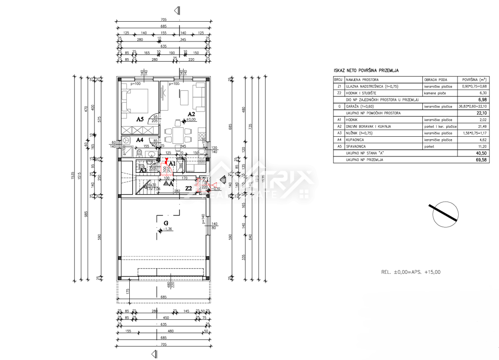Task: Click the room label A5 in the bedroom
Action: tap(140, 119)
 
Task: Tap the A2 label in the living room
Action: tap(192, 113)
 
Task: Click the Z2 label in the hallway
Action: tap(188, 188)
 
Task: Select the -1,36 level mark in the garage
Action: tap(168, 229)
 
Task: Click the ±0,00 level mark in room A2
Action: tap(191, 120)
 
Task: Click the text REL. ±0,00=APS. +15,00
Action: tap(410, 272)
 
